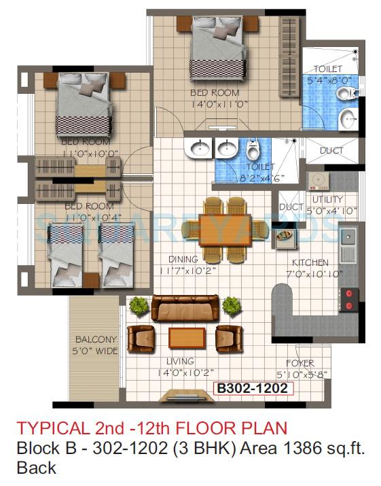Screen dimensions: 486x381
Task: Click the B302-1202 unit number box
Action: click(x=253, y=389)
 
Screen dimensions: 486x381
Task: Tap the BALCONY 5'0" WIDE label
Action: click(x=96, y=345)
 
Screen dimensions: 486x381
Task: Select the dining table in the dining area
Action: click(x=225, y=229)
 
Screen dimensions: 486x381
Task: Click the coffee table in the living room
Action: click(x=186, y=337)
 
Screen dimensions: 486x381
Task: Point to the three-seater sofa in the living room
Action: click(x=185, y=308)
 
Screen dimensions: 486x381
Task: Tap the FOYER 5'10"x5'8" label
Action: click(x=300, y=368)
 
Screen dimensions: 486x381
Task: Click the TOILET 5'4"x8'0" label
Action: click(x=330, y=74)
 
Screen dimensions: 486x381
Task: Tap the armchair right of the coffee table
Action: click(x=229, y=337)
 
